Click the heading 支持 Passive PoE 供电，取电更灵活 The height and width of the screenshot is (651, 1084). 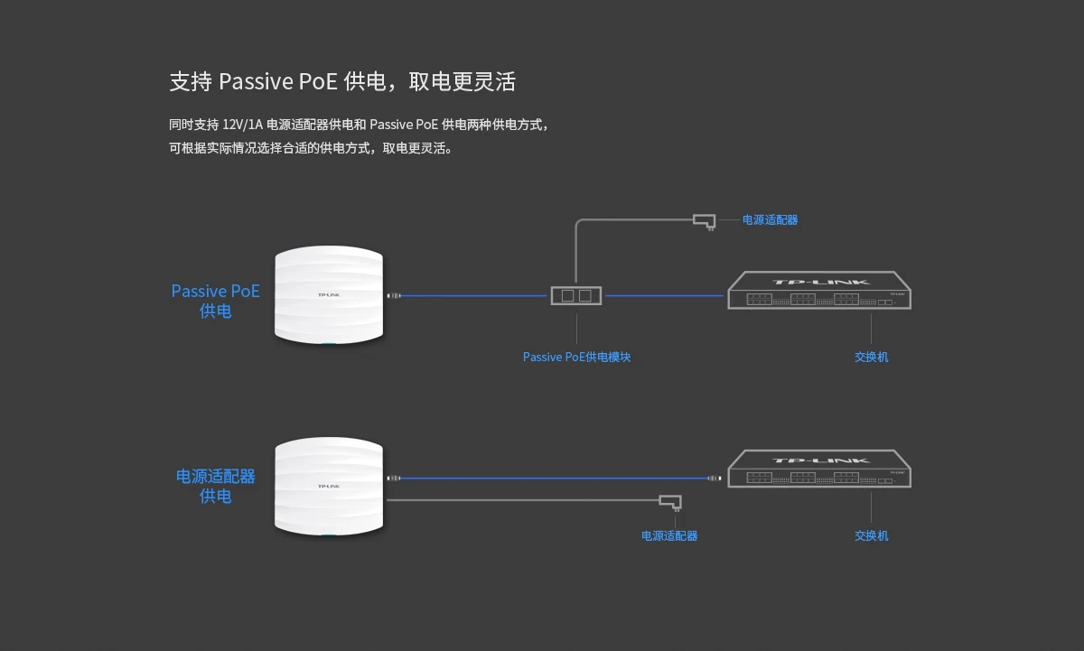pyautogui.click(x=342, y=82)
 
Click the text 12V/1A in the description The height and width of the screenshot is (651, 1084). pyautogui.click(x=242, y=125)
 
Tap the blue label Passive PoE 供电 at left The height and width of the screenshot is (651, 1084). pyautogui.click(x=215, y=301)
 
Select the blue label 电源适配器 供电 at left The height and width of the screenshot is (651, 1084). pyautogui.click(x=215, y=486)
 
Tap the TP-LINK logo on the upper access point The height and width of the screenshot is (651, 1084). pyautogui.click(x=329, y=295)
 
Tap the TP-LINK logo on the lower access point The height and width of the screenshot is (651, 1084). pyautogui.click(x=329, y=487)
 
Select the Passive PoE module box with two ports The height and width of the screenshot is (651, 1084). pyautogui.click(x=576, y=295)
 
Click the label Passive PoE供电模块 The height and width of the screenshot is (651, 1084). pyautogui.click(x=576, y=357)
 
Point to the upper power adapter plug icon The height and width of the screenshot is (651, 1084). pyautogui.click(x=705, y=220)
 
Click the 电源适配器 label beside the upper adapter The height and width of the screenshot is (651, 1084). pyautogui.click(x=770, y=219)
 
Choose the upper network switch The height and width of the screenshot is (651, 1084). pyautogui.click(x=819, y=291)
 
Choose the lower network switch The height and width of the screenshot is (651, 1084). pyautogui.click(x=819, y=470)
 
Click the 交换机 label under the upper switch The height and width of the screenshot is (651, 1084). pyautogui.click(x=871, y=357)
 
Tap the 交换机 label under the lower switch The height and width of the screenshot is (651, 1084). pyautogui.click(x=871, y=535)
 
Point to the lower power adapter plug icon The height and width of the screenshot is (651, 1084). pyautogui.click(x=670, y=501)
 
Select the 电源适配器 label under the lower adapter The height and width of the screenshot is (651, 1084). pyautogui.click(x=669, y=535)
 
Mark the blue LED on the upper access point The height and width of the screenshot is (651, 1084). pyautogui.click(x=329, y=343)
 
